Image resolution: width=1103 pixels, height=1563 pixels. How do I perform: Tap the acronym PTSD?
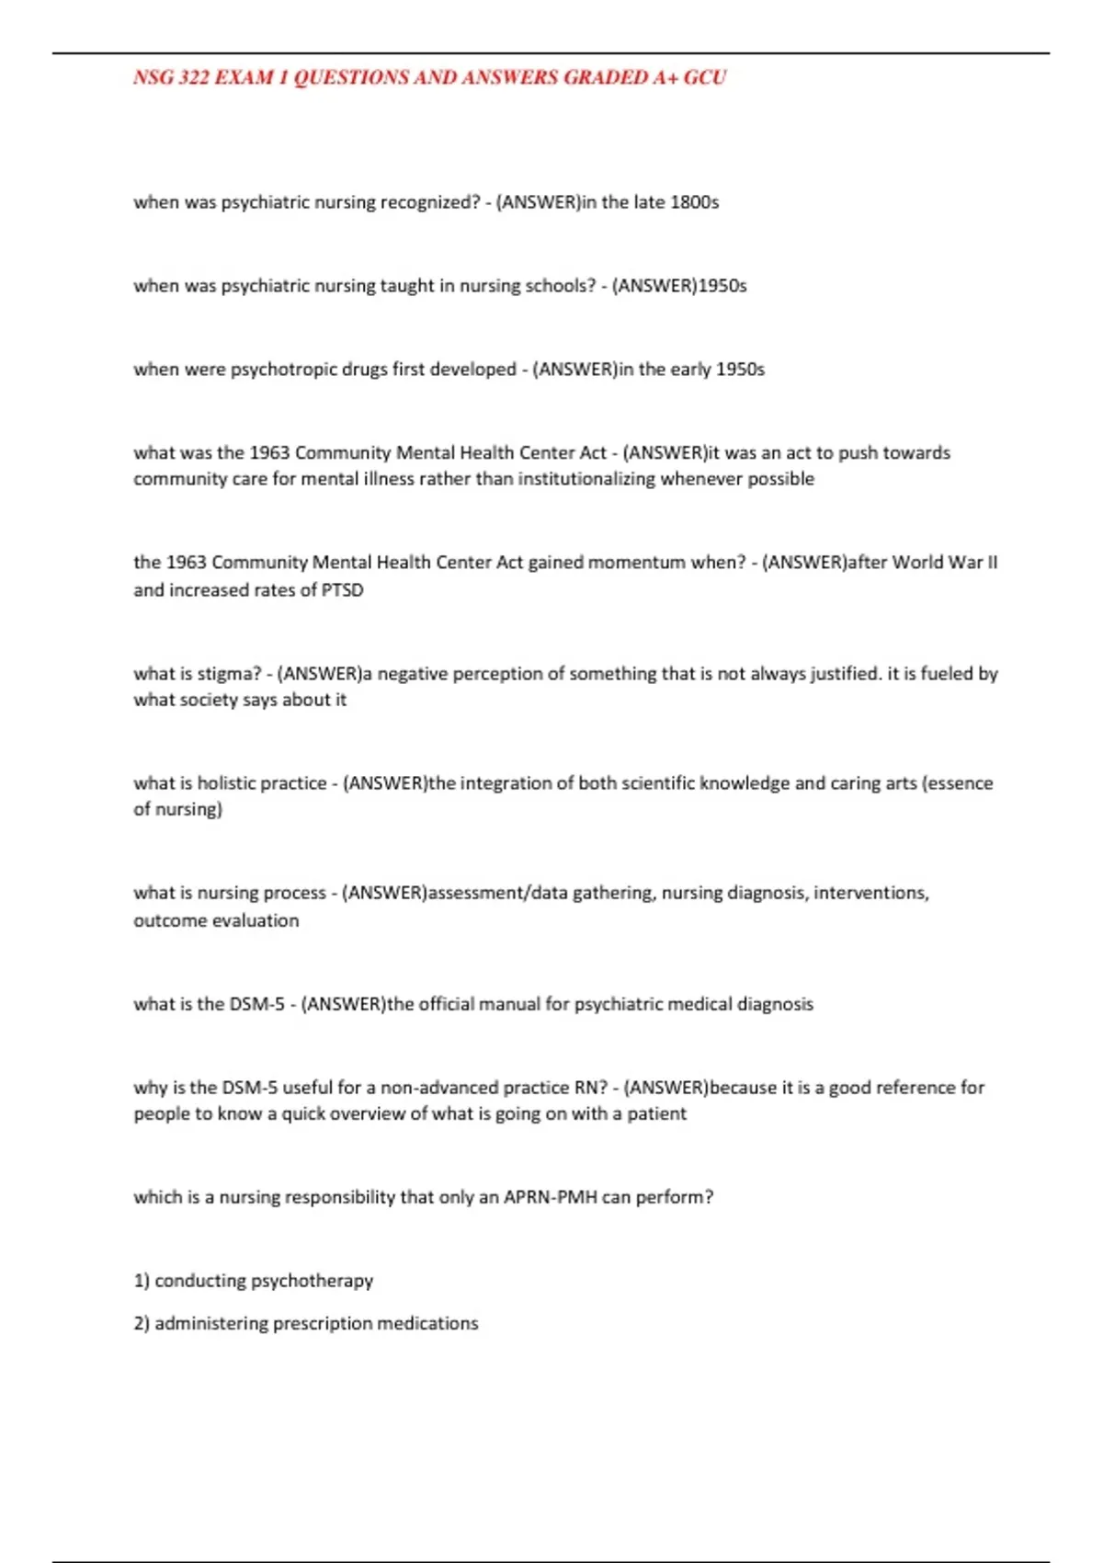342,590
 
